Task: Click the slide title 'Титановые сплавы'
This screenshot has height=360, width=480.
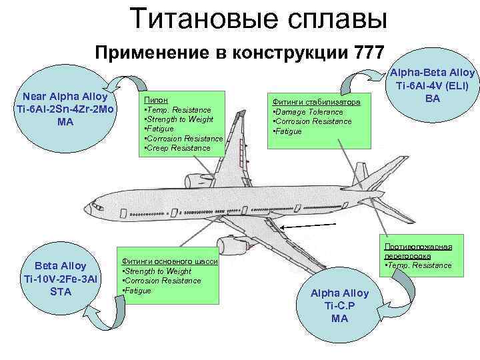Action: [x=258, y=19]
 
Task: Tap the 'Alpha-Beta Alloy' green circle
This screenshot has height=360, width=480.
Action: [x=433, y=87]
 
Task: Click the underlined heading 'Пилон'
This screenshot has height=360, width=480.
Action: [x=152, y=99]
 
